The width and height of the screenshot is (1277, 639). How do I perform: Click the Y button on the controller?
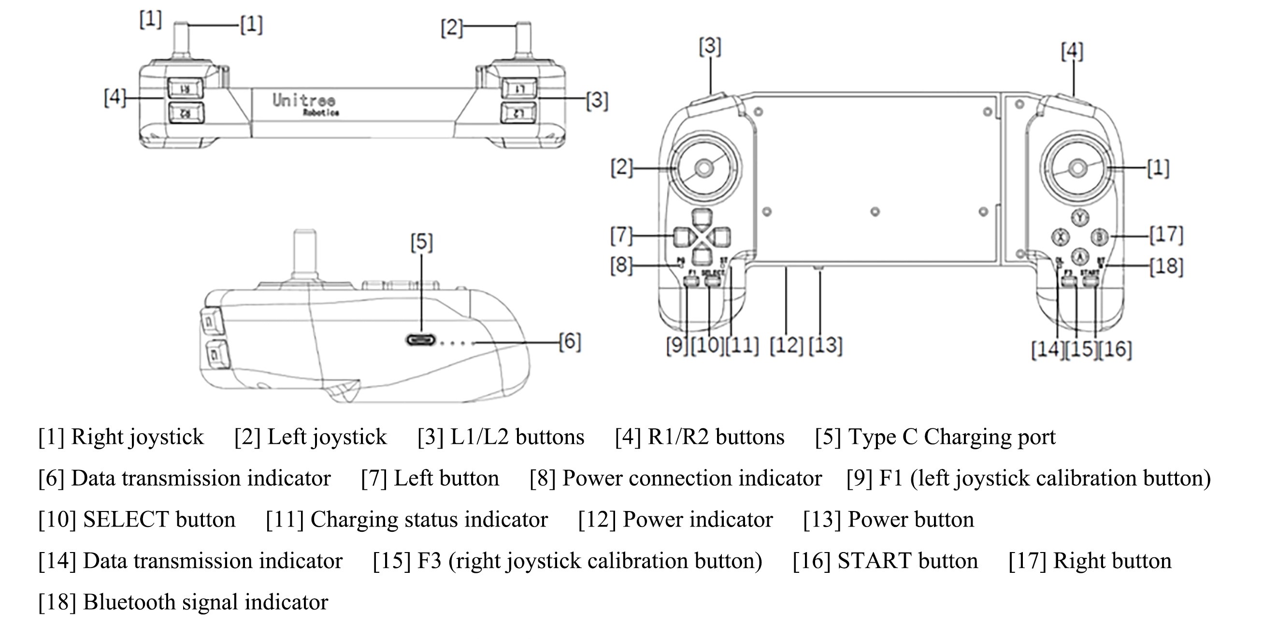pos(1080,218)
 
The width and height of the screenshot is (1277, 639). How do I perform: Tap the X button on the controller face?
pos(1061,237)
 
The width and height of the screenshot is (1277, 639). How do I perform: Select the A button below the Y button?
pos(1080,256)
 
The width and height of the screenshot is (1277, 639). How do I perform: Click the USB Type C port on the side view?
pos(421,340)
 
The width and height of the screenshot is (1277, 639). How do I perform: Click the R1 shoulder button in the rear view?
pos(185,89)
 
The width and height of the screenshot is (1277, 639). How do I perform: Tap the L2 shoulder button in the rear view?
pos(518,113)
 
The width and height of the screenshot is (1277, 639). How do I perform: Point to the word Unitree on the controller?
pos(304,100)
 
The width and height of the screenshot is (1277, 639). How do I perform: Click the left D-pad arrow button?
pos(683,237)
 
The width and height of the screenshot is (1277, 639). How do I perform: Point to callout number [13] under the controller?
pos(825,345)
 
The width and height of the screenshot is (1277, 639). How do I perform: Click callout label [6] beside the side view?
pos(570,341)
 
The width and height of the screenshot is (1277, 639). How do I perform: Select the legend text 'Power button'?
pos(911,520)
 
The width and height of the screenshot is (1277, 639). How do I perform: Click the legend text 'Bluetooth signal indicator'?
pos(205,602)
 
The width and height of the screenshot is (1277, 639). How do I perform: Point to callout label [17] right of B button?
pos(1166,235)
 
